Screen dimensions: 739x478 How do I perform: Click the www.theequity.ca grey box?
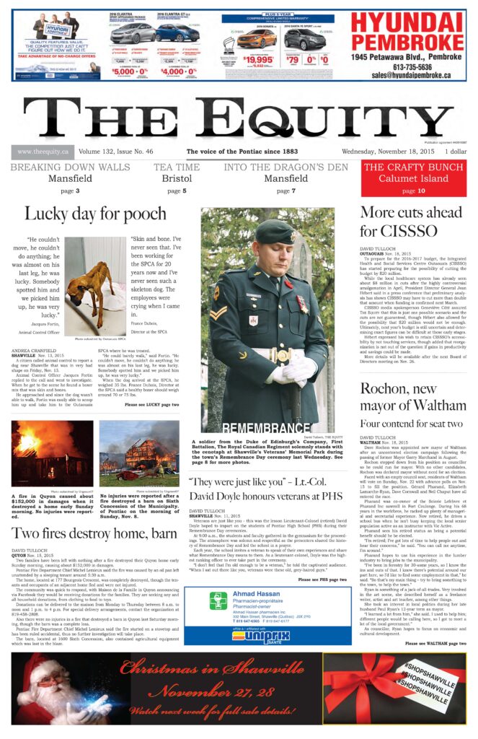click(43, 152)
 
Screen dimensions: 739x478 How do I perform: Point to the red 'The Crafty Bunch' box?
click(414, 178)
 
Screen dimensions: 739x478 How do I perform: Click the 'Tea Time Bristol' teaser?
click(177, 172)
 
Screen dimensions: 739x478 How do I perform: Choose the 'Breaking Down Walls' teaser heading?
click(70, 167)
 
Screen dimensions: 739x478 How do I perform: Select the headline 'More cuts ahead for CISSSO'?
click(411, 222)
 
